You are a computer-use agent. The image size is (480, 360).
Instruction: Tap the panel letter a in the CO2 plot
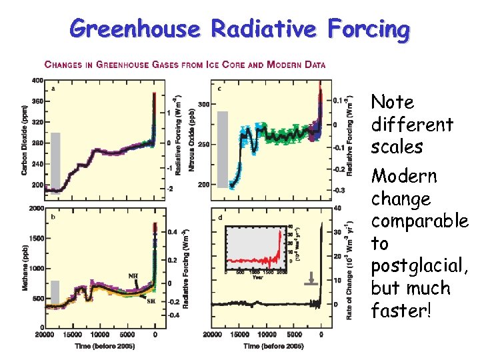53,88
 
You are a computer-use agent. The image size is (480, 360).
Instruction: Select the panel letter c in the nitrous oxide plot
220,88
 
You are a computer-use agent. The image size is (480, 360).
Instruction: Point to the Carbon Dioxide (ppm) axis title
25,141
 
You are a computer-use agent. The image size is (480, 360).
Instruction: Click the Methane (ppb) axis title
25,267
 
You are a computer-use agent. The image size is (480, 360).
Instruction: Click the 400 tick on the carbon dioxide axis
37,81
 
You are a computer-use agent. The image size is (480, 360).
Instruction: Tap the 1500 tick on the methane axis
35,238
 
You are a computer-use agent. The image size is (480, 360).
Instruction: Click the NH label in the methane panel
133,275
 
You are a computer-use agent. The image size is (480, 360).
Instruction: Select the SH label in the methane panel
150,300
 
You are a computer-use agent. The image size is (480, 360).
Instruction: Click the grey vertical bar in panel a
55,161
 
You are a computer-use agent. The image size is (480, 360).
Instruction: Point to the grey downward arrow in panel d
309,281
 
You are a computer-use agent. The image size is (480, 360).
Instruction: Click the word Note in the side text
393,102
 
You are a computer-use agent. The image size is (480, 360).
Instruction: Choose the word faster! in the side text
401,311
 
